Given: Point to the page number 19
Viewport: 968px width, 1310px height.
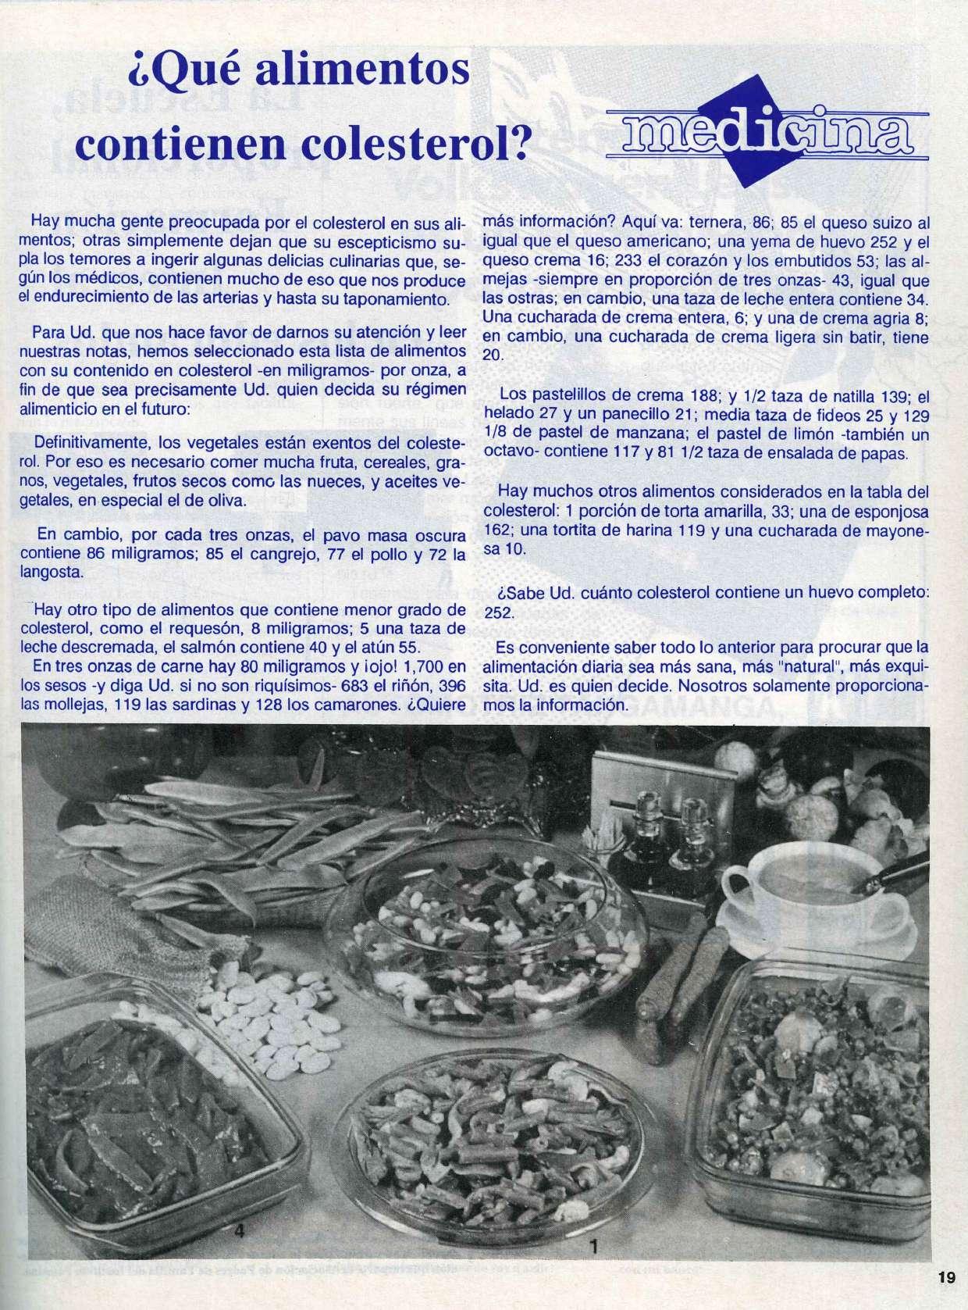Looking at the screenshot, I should (x=946, y=1278).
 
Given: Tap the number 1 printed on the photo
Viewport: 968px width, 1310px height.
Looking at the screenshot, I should (x=593, y=1247).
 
